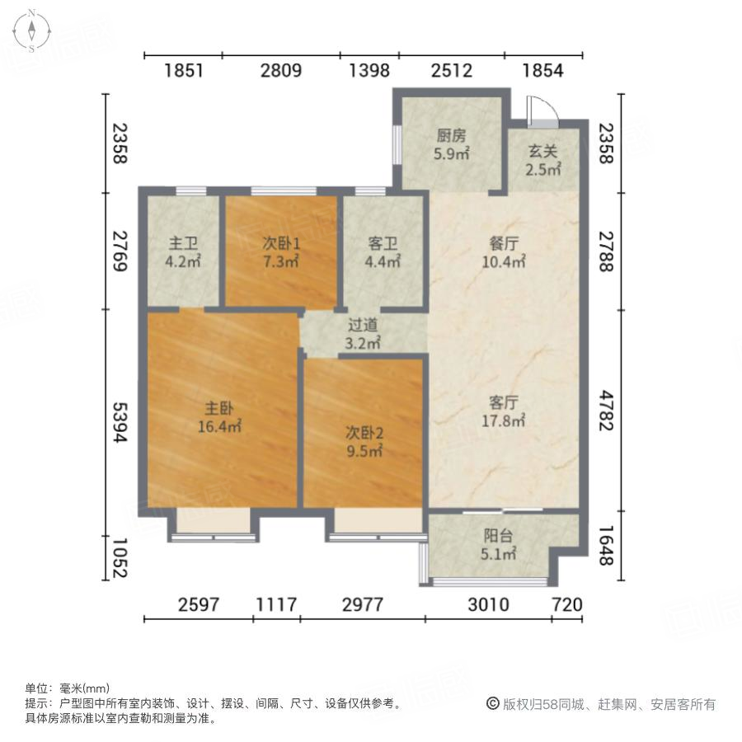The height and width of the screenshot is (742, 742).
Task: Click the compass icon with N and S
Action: tap(31, 31)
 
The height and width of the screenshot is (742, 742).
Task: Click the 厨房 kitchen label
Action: tap(452, 136)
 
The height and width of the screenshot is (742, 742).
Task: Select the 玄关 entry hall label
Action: tap(543, 153)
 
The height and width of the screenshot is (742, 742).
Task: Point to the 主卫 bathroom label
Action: tap(183, 244)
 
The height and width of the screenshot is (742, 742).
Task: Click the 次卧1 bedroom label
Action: tap(281, 244)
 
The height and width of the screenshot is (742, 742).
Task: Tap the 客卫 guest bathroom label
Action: tap(383, 244)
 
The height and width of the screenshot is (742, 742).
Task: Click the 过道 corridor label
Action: tap(364, 326)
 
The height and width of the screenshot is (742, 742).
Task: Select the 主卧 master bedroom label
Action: tap(218, 408)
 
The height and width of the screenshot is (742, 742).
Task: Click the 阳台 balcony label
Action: tap(498, 535)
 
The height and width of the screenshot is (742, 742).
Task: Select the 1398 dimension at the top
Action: tap(369, 71)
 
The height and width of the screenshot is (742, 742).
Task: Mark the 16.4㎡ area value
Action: tap(218, 426)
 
